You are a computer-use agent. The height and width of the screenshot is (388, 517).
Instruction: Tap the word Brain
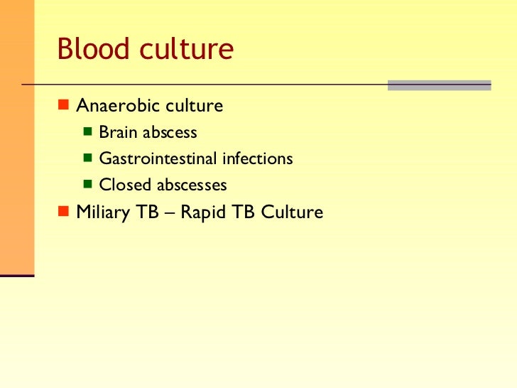coord(116,133)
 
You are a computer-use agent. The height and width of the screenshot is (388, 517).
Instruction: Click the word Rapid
coord(202,212)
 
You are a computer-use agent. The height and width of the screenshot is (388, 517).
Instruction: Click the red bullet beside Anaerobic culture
coord(62,106)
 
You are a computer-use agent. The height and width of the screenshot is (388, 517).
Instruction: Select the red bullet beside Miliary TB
coord(62,212)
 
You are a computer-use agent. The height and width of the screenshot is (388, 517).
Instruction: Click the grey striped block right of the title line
coord(439,85)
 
